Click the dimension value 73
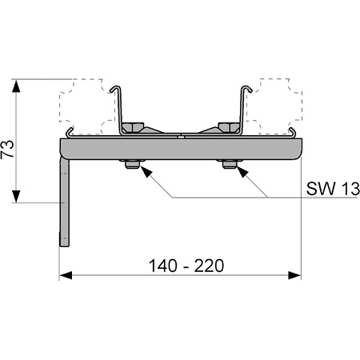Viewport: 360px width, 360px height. pos(7,149)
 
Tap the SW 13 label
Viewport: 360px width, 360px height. pos(333,189)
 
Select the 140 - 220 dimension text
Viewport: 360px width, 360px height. pos(186,266)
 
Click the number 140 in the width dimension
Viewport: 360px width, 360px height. pos(162,266)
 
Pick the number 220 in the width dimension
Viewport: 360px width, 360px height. pos(209,266)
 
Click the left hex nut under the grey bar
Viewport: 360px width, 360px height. pos(132,164)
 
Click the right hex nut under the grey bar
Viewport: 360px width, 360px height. pos(230,164)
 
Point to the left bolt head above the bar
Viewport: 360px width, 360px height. pos(134,127)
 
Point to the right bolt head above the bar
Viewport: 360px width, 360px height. pos(229,127)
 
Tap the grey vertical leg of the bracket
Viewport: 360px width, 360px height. pos(64,202)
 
